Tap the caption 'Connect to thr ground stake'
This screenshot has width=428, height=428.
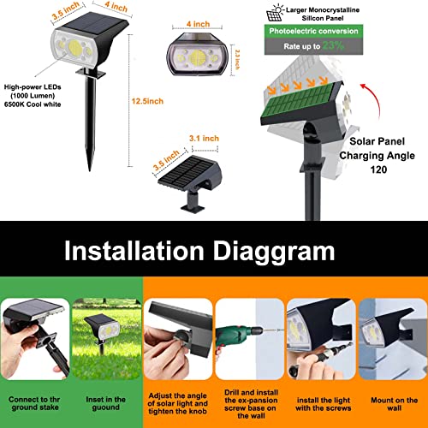coord(34,404)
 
